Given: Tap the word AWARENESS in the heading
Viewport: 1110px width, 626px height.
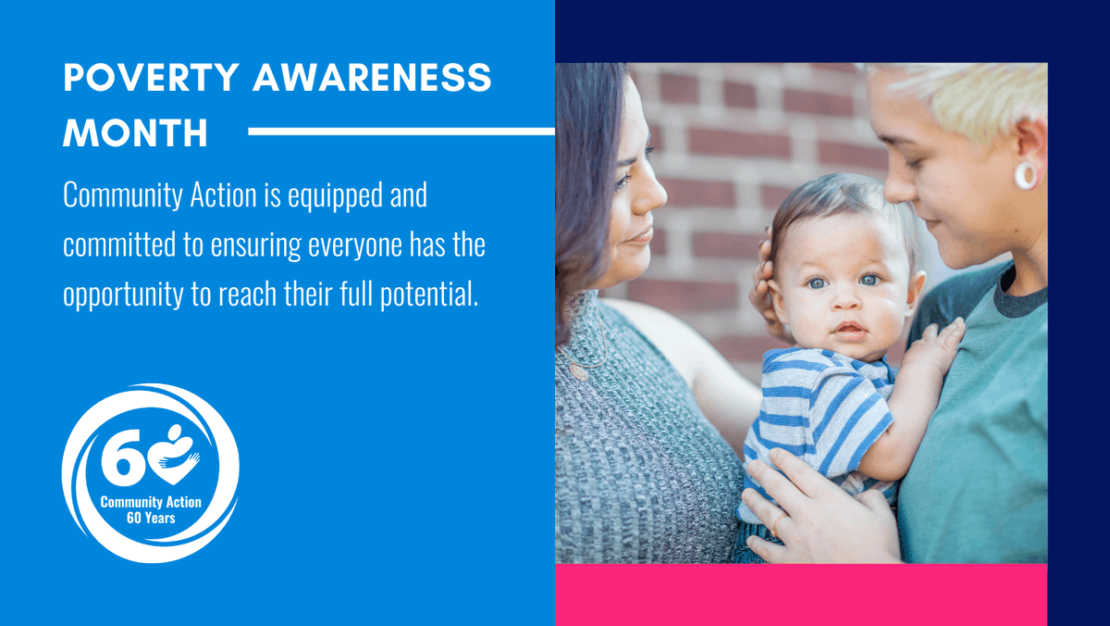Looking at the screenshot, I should pyautogui.click(x=373, y=79).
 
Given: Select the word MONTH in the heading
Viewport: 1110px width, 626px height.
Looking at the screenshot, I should pyautogui.click(x=136, y=133).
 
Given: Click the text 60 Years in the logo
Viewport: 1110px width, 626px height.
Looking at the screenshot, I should pyautogui.click(x=151, y=519).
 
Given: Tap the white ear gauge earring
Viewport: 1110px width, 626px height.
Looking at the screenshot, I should pyautogui.click(x=1026, y=175).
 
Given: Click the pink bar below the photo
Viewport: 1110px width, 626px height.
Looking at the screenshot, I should pyautogui.click(x=801, y=595).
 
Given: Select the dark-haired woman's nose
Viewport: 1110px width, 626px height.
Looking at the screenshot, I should pyautogui.click(x=654, y=194).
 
